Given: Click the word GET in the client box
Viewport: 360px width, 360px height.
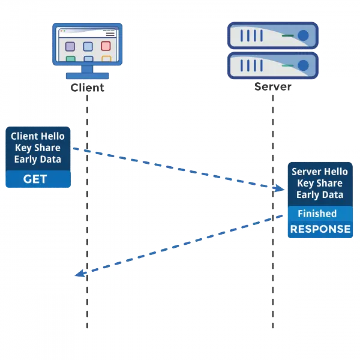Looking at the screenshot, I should click(35, 179).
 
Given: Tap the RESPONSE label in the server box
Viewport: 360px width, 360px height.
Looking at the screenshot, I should click(320, 229).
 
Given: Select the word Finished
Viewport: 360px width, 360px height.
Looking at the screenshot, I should click(317, 214).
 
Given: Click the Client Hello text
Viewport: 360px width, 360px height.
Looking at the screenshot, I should click(38, 137).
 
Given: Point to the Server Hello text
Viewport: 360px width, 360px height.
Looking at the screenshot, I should click(319, 172).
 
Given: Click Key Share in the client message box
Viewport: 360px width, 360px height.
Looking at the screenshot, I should click(38, 148).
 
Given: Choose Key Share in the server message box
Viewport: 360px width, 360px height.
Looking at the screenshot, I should click(319, 184).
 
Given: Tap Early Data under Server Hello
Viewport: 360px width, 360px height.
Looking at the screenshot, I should click(319, 195).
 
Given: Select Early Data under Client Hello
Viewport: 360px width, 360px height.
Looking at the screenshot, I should click(38, 160).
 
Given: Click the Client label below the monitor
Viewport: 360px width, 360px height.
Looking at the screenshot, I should click(88, 88).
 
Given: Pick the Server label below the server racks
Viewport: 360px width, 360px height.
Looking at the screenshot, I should click(273, 86).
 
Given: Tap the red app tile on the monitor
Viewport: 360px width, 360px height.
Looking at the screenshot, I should click(106, 46).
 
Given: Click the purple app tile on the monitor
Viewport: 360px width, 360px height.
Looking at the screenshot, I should click(70, 46).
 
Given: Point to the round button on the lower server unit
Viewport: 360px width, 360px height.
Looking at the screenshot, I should click(304, 64).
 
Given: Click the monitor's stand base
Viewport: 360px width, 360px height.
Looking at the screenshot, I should click(88, 76).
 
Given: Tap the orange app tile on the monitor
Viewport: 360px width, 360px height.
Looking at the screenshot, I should click(106, 59).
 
